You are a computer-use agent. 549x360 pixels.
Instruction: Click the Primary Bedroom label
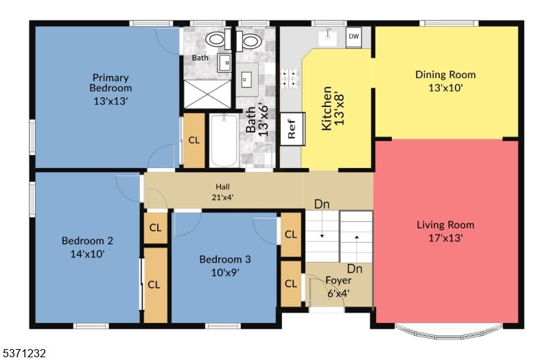110,88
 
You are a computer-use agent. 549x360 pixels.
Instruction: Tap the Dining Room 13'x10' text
445,81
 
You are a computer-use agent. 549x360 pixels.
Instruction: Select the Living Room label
445,231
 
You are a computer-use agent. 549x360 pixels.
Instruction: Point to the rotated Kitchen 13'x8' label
332,108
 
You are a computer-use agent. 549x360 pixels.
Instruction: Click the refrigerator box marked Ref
292,128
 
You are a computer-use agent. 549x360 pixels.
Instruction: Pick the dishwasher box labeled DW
353,37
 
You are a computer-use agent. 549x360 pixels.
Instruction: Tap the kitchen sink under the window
329,37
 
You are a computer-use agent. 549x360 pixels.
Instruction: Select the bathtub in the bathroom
223,141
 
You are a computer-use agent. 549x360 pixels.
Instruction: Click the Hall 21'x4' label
223,191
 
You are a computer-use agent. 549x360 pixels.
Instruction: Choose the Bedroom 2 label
87,247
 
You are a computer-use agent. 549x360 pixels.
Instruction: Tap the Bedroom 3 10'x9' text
224,265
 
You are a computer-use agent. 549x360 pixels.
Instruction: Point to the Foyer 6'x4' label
338,287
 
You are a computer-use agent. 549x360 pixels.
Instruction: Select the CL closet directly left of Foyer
291,283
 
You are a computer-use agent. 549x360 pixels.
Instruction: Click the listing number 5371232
24,353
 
